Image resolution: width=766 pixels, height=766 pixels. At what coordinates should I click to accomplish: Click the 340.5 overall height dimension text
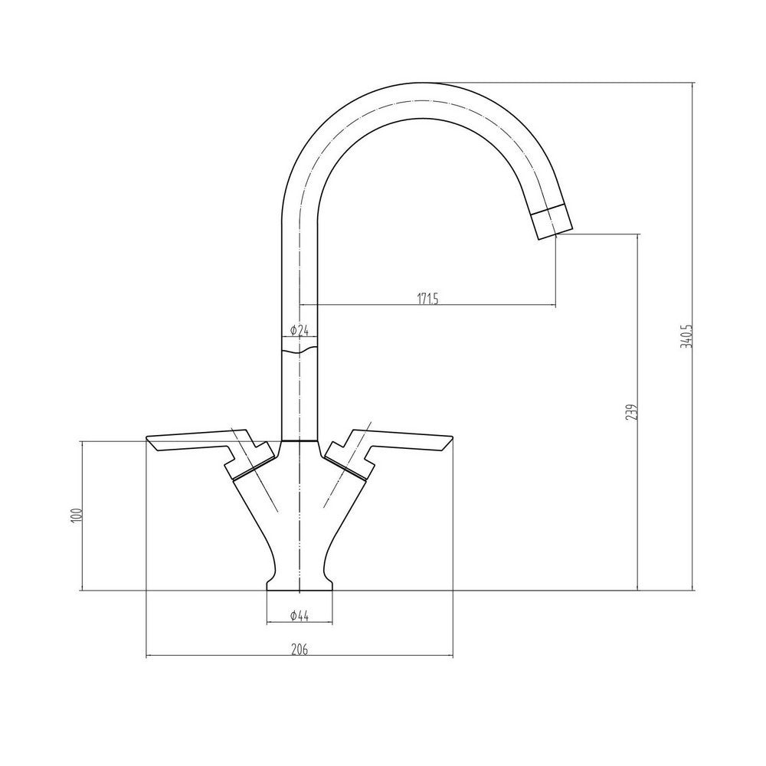[686, 336]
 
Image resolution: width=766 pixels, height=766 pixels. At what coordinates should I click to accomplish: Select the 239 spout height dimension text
[630, 412]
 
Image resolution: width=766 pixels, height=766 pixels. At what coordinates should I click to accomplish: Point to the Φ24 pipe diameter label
[299, 331]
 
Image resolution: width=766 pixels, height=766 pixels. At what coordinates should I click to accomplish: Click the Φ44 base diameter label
[299, 615]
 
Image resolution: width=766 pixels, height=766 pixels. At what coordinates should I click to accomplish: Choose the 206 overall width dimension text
[299, 650]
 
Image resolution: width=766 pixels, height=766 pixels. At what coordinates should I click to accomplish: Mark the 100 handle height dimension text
[75, 515]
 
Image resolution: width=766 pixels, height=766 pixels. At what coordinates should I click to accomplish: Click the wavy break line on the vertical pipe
[299, 351]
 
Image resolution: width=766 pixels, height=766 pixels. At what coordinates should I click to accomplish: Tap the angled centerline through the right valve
[349, 460]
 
